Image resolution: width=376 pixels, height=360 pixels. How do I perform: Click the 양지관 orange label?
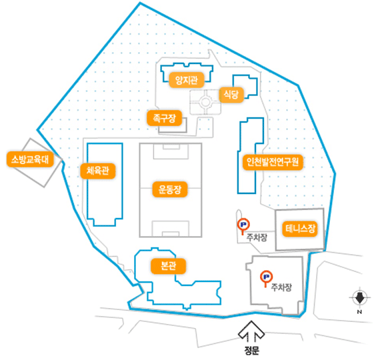pyautogui.click(x=187, y=80)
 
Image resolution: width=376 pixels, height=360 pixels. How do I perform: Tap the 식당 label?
pyautogui.click(x=231, y=95)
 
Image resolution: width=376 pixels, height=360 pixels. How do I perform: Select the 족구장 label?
pyautogui.click(x=164, y=118)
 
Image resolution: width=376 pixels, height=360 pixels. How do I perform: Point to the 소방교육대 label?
pyautogui.click(x=30, y=159)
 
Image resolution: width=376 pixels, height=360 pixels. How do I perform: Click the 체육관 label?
pyautogui.click(x=98, y=171)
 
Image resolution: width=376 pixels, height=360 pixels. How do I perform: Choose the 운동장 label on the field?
pyautogui.click(x=170, y=189)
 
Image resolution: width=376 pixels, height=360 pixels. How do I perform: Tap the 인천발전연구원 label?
pyautogui.click(x=273, y=163)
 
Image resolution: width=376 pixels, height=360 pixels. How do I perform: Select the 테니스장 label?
pyautogui.click(x=300, y=229)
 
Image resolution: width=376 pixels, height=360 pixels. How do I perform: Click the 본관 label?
pyautogui.click(x=168, y=266)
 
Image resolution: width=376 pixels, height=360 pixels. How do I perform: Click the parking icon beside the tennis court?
pyautogui.click(x=243, y=225)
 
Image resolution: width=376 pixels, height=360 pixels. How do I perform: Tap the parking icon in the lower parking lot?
pyautogui.click(x=266, y=277)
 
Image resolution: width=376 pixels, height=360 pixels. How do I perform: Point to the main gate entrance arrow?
pyautogui.click(x=251, y=331)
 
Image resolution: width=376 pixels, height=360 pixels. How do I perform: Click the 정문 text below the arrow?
pyautogui.click(x=251, y=351)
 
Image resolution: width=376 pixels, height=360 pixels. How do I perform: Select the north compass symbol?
pyautogui.click(x=359, y=297)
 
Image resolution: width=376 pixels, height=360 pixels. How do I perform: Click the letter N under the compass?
pyautogui.click(x=359, y=312)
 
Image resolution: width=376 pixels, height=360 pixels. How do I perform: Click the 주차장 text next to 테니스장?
pyautogui.click(x=257, y=237)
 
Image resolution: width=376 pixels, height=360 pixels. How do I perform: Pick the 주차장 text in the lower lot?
pyautogui.click(x=281, y=287)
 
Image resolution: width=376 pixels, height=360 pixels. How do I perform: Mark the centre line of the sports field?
pyautogui.click(x=171, y=188)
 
